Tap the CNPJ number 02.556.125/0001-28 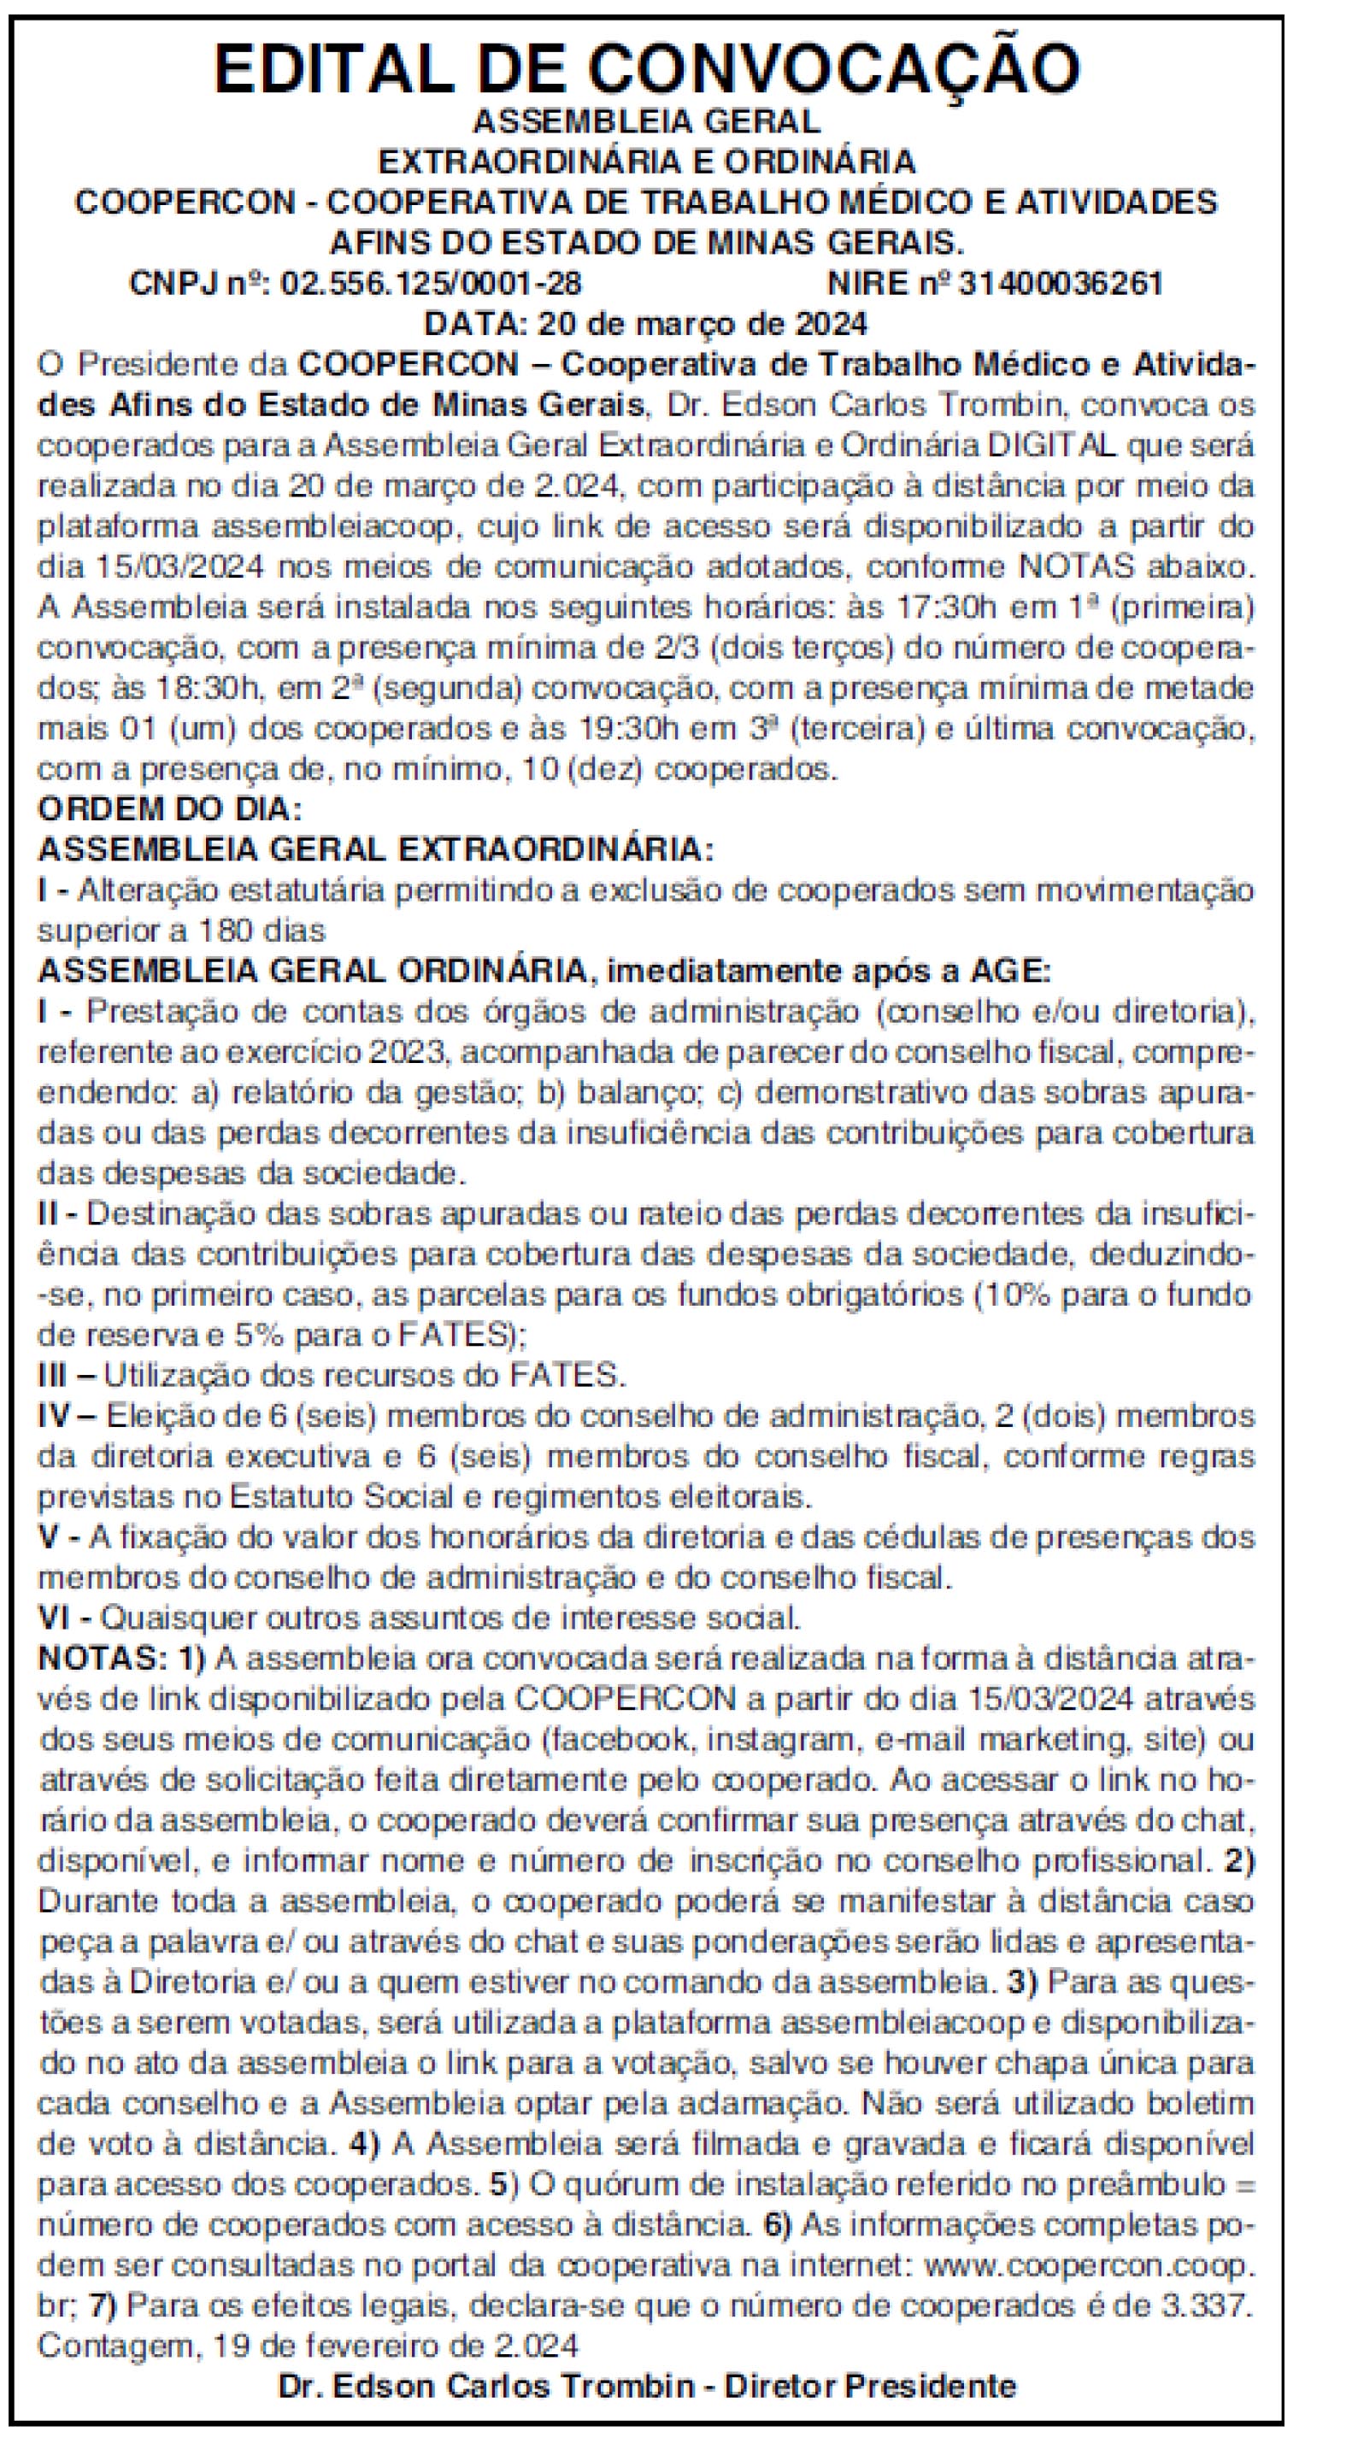431,284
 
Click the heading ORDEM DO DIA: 169,809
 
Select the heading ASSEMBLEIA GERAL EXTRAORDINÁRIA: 375,850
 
